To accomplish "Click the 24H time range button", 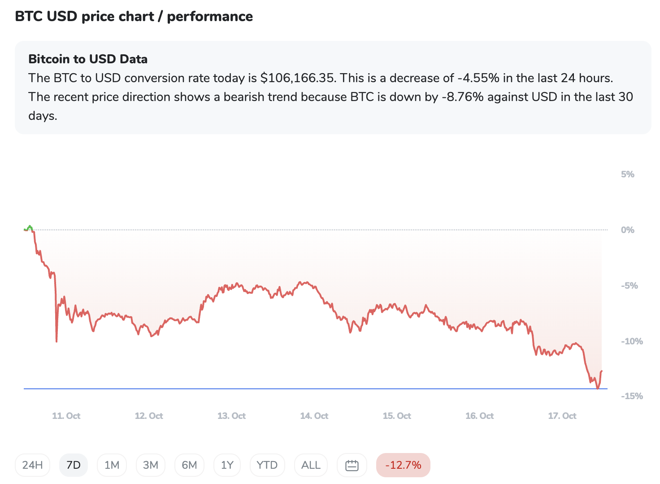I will [33, 465].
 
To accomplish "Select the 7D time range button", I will [74, 465].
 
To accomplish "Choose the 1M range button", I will [112, 465].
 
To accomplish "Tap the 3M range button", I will [151, 465].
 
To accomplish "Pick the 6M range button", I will [189, 465].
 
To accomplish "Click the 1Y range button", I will [227, 465].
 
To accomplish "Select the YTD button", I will [267, 465].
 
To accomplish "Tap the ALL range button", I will [311, 465].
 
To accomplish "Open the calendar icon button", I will [352, 466].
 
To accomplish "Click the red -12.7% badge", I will [403, 465].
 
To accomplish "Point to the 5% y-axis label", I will [628, 174].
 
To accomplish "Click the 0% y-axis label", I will [628, 230].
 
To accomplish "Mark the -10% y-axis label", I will [632, 341].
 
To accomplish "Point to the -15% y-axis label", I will [632, 396].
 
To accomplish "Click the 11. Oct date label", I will [66, 416].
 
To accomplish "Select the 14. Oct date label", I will [314, 416].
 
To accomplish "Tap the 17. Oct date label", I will [562, 416].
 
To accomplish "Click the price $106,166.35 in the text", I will [298, 78].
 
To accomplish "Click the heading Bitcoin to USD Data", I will [88, 59].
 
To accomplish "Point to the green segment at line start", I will [29, 228].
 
